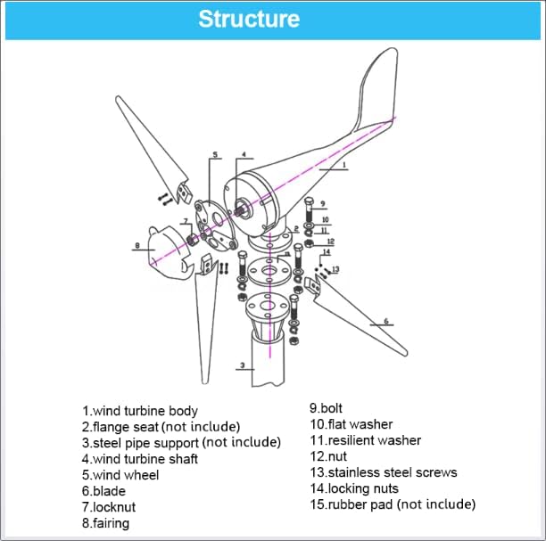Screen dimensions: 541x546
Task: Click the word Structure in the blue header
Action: [x=248, y=20]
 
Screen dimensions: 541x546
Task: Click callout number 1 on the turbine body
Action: [x=344, y=166]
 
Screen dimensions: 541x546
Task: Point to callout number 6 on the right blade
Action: [x=385, y=321]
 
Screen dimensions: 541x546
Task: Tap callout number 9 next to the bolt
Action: [x=322, y=202]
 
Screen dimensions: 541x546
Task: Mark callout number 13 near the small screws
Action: [x=335, y=269]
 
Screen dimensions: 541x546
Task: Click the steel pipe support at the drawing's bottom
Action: [x=268, y=365]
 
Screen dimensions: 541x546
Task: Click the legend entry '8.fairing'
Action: [x=105, y=523]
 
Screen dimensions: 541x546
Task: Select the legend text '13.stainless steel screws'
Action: [x=383, y=472]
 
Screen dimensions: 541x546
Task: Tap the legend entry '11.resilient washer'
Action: [x=365, y=440]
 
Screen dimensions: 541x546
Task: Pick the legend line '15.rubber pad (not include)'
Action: [x=393, y=504]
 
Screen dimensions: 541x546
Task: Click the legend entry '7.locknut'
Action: [x=109, y=507]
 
